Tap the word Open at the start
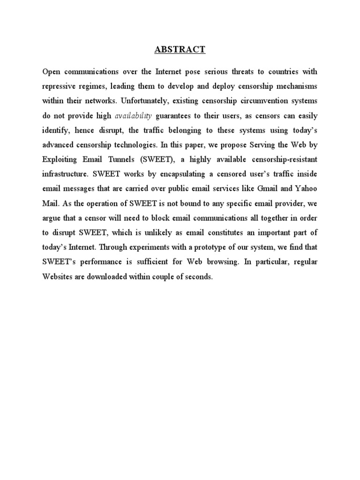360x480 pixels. pos(52,72)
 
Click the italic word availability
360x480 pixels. pos(134,116)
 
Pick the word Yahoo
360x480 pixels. pos(305,189)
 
